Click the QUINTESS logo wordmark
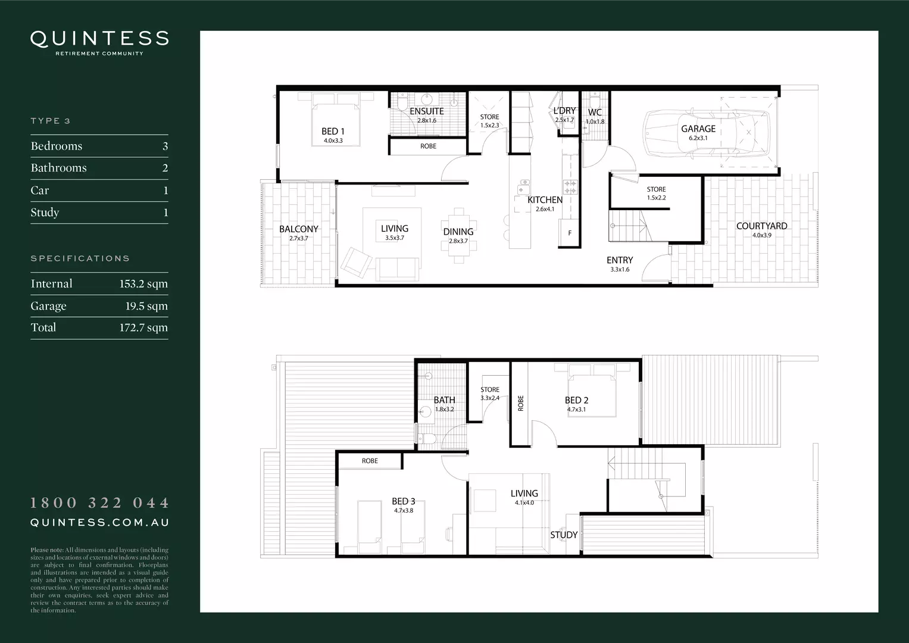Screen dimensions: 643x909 click(x=99, y=39)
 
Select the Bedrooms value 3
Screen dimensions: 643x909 click(x=165, y=146)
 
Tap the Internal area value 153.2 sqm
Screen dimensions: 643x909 click(x=143, y=284)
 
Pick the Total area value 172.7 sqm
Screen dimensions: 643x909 click(x=143, y=327)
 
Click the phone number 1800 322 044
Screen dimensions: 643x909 click(x=99, y=503)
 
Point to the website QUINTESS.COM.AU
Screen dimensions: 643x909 click(x=99, y=523)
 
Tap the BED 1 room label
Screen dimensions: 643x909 click(x=333, y=132)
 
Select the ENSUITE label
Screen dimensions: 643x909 click(x=427, y=111)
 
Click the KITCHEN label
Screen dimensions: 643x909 click(x=545, y=200)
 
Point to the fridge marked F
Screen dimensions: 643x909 click(x=570, y=233)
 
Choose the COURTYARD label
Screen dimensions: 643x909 click(x=761, y=226)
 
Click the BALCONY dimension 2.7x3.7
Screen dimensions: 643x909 click(x=299, y=238)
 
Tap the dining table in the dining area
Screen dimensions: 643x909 click(x=458, y=235)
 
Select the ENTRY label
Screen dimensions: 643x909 click(x=620, y=260)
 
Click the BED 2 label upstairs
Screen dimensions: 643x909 click(x=576, y=401)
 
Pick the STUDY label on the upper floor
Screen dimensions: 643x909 click(x=563, y=535)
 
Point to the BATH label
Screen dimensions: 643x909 click(x=444, y=400)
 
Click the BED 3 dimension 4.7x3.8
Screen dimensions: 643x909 click(x=404, y=510)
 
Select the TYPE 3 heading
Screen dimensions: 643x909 click(x=51, y=121)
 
